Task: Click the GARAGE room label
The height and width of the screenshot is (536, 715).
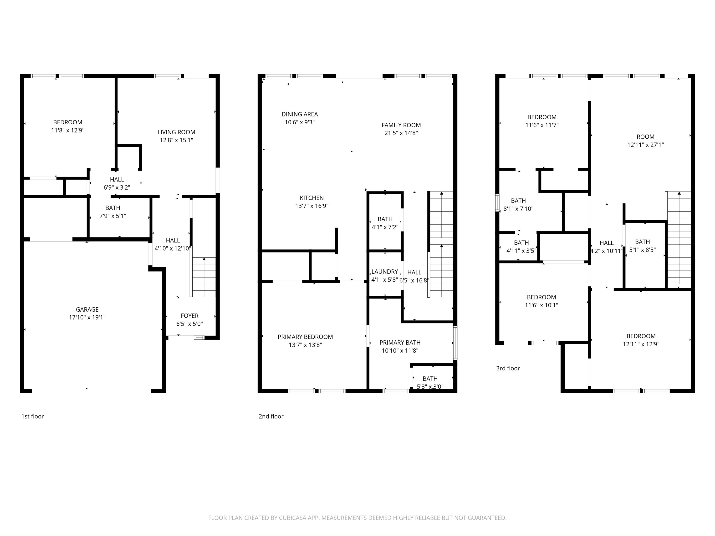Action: click(x=87, y=309)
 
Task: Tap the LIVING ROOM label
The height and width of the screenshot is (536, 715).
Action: click(x=176, y=132)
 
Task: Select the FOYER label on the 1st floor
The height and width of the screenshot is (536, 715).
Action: click(x=189, y=316)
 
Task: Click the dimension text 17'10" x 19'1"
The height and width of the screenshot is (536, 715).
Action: click(x=87, y=317)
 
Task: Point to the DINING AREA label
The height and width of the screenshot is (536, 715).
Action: click(x=300, y=114)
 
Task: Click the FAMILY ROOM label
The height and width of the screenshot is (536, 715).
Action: click(x=401, y=125)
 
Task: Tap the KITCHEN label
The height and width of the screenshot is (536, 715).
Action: click(x=312, y=198)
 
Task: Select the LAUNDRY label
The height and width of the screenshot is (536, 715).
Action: click(x=384, y=272)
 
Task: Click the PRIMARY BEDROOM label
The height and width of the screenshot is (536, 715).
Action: click(x=305, y=337)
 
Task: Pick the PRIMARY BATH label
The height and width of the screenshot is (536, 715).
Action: click(x=400, y=343)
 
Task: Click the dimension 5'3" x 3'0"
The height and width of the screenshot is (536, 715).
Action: click(x=430, y=386)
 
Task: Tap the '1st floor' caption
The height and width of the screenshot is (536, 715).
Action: click(x=32, y=416)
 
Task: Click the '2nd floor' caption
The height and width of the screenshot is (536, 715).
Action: click(x=271, y=416)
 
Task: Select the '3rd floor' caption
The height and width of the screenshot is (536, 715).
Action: click(x=508, y=368)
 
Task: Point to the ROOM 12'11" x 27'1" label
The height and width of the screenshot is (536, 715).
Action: click(x=645, y=137)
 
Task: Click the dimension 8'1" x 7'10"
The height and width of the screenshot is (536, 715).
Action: click(x=518, y=209)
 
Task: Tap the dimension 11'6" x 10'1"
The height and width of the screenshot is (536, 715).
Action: click(x=541, y=305)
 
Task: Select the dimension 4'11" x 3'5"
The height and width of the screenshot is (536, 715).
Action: click(x=521, y=250)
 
